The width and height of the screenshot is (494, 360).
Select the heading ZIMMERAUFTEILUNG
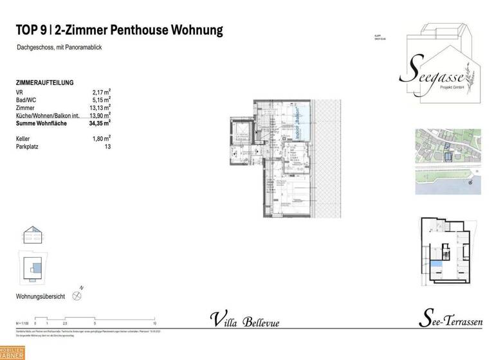[x=44, y=83]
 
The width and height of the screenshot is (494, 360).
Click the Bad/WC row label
[x=26, y=100]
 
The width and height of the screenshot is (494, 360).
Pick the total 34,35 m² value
[x=100, y=122]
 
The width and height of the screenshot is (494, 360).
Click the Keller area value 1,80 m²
[x=101, y=138]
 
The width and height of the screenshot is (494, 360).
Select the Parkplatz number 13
[x=107, y=147]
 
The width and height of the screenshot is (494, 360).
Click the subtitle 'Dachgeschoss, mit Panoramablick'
[x=60, y=48]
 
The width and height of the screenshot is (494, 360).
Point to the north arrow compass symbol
[x=78, y=296]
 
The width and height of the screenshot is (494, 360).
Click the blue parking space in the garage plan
[x=438, y=263]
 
